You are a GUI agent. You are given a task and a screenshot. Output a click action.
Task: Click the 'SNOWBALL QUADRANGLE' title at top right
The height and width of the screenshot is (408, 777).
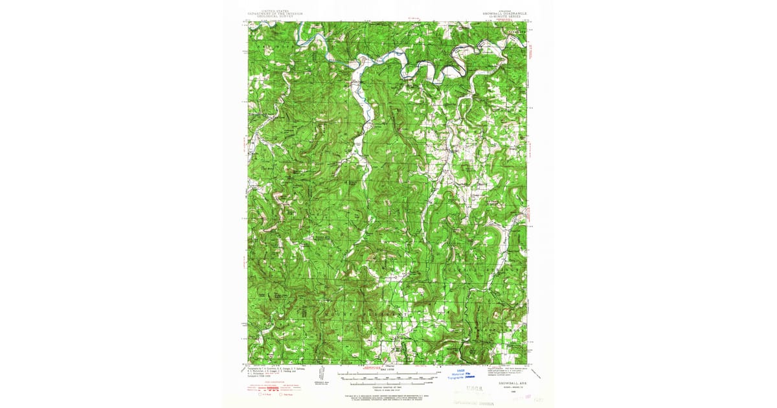(x=509, y=13)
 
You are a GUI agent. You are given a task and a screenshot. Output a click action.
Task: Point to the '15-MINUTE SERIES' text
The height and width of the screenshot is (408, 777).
(x=509, y=16)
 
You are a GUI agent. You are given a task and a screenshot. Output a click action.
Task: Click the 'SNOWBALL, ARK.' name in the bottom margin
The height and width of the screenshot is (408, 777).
(x=513, y=383)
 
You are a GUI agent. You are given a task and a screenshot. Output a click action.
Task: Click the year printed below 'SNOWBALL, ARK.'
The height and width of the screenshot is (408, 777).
(x=513, y=391)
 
